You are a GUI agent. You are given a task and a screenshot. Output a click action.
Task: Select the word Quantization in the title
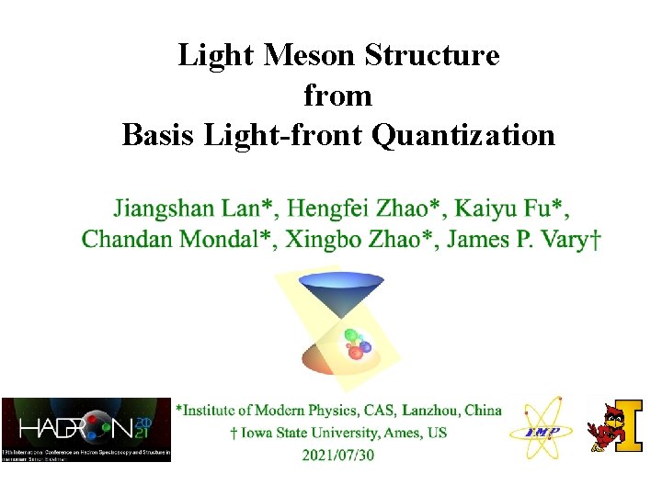click(x=463, y=135)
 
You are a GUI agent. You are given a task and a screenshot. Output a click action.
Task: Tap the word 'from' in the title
click(x=337, y=96)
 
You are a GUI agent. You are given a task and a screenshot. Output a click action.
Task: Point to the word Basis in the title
click(x=159, y=135)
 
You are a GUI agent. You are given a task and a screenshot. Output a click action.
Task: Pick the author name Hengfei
click(x=325, y=209)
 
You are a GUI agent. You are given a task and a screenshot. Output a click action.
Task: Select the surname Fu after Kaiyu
click(x=541, y=209)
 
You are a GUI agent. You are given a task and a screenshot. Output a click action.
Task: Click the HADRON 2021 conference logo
click(x=86, y=429)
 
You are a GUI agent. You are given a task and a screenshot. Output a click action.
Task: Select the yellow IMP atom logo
click(x=548, y=429)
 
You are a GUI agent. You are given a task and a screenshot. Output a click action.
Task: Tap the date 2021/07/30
click(x=337, y=455)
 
